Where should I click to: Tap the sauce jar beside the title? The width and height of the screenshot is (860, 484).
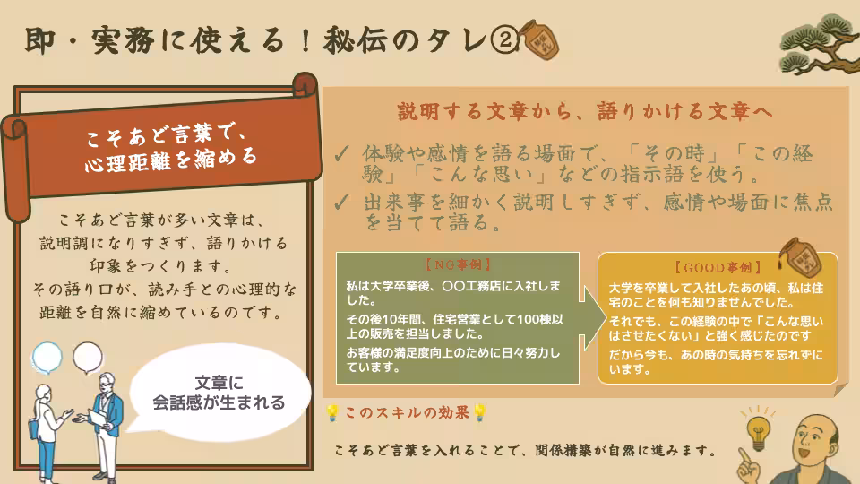(x=540, y=39)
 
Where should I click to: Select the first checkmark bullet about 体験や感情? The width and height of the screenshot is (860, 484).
(x=341, y=152)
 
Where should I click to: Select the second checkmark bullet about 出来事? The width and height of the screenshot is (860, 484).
(x=341, y=202)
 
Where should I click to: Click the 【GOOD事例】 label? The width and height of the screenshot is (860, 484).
(x=717, y=267)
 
